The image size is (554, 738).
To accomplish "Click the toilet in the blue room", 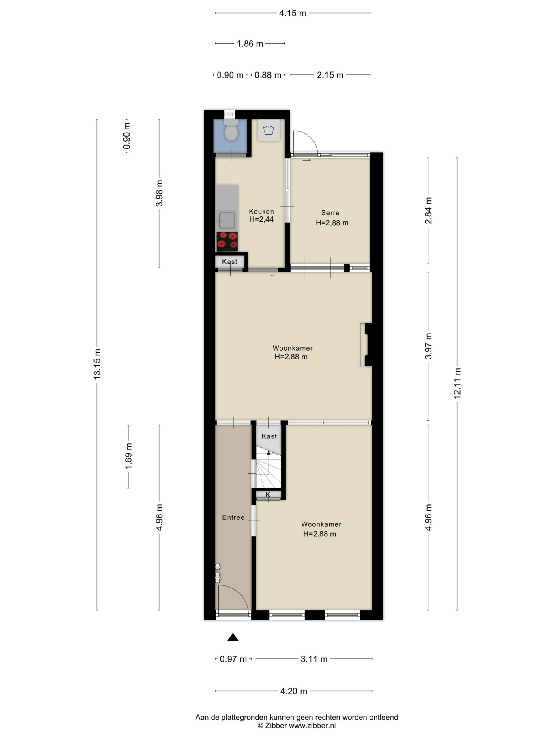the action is [231, 130].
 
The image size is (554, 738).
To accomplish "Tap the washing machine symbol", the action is [268, 130].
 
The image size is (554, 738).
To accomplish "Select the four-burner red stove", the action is [227, 241].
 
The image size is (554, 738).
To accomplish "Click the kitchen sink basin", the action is [227, 220].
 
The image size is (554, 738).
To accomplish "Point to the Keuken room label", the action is [261, 212].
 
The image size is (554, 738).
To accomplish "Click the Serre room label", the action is [330, 213].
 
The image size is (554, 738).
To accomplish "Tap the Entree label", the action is [233, 517].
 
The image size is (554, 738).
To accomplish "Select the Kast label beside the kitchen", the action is [230, 262].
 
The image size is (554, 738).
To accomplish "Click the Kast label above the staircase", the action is [269, 436].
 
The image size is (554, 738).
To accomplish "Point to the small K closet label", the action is [268, 495].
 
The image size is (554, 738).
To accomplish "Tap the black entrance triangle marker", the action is [233, 638].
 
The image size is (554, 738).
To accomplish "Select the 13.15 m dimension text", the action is [97, 364].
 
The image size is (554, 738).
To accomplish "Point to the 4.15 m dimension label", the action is [293, 13].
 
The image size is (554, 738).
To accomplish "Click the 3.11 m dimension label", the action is [314, 659].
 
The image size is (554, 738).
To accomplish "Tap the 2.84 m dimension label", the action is [428, 210].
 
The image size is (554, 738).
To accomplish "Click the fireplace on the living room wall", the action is [366, 345].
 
